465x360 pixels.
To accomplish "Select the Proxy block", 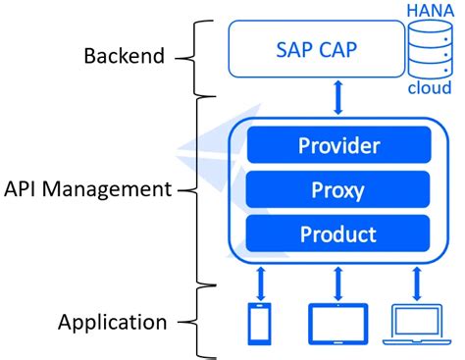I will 337,189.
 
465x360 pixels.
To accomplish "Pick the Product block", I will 337,233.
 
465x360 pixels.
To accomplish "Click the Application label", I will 112,321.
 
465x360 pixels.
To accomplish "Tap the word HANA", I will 433,9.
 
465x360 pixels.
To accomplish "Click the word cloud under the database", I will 432,89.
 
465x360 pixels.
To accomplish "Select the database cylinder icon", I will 432,48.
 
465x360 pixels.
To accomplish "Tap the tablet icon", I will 338,321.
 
